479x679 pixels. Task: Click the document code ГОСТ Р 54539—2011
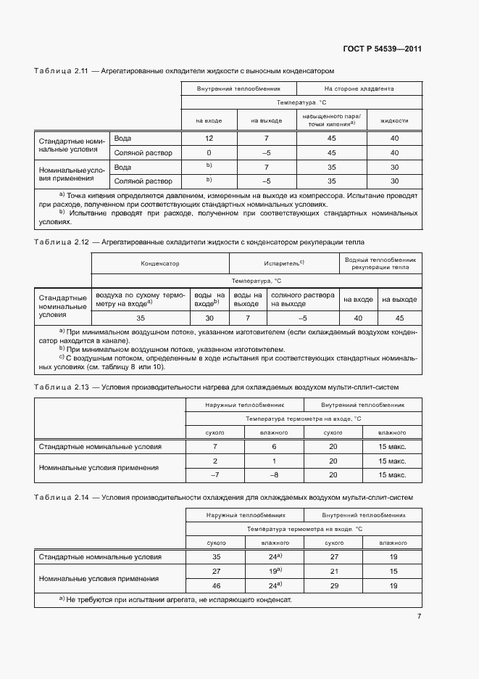point(382,49)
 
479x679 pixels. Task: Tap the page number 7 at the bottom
point(419,617)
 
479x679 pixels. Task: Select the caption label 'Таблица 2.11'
point(61,71)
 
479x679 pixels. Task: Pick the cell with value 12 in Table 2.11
point(209,138)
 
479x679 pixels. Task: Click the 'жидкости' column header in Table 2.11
point(394,120)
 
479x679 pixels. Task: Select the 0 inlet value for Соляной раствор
point(209,153)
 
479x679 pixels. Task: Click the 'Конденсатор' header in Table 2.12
point(160,264)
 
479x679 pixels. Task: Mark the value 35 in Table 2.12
point(141,318)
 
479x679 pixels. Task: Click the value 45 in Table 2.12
point(399,318)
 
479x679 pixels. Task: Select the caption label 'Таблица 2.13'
point(61,387)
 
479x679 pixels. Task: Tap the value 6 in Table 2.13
point(274,447)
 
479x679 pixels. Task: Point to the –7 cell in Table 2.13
point(214,474)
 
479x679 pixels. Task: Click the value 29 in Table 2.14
point(333,585)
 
